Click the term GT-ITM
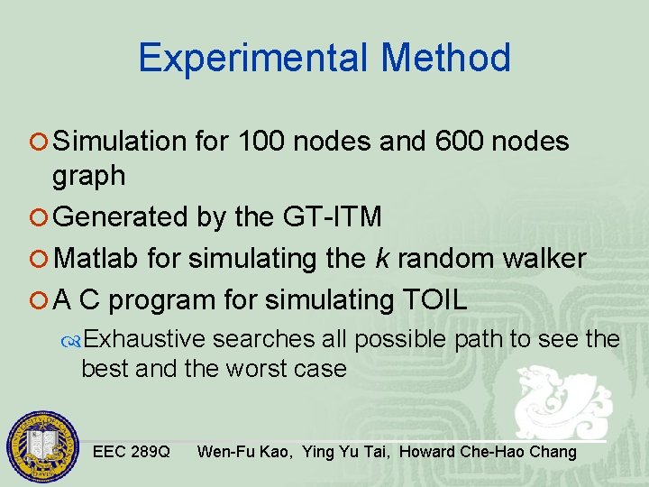tap(332, 217)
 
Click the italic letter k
tap(381, 260)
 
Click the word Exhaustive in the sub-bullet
tap(147, 339)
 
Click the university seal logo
tap(43, 448)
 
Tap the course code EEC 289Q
tap(131, 452)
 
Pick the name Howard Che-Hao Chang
tap(488, 452)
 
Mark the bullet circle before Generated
tap(42, 218)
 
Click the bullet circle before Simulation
tap(42, 142)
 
